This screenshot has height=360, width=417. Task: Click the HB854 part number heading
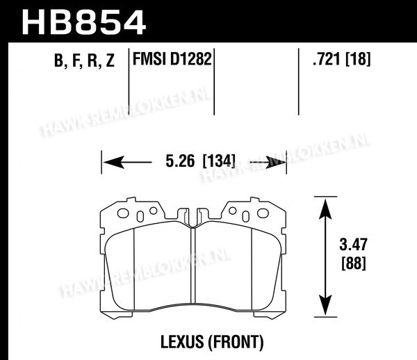[84, 23]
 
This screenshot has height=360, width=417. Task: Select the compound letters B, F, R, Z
[84, 60]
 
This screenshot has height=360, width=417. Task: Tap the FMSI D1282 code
[172, 59]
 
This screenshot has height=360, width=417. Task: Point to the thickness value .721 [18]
[341, 59]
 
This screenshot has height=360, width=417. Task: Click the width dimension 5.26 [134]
[201, 161]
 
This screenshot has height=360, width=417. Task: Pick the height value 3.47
[353, 245]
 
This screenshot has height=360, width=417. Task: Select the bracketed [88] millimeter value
[354, 263]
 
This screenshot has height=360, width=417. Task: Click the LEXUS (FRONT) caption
[212, 342]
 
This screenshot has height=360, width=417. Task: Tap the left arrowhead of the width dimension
[113, 162]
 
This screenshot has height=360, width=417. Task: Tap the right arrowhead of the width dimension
[275, 162]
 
